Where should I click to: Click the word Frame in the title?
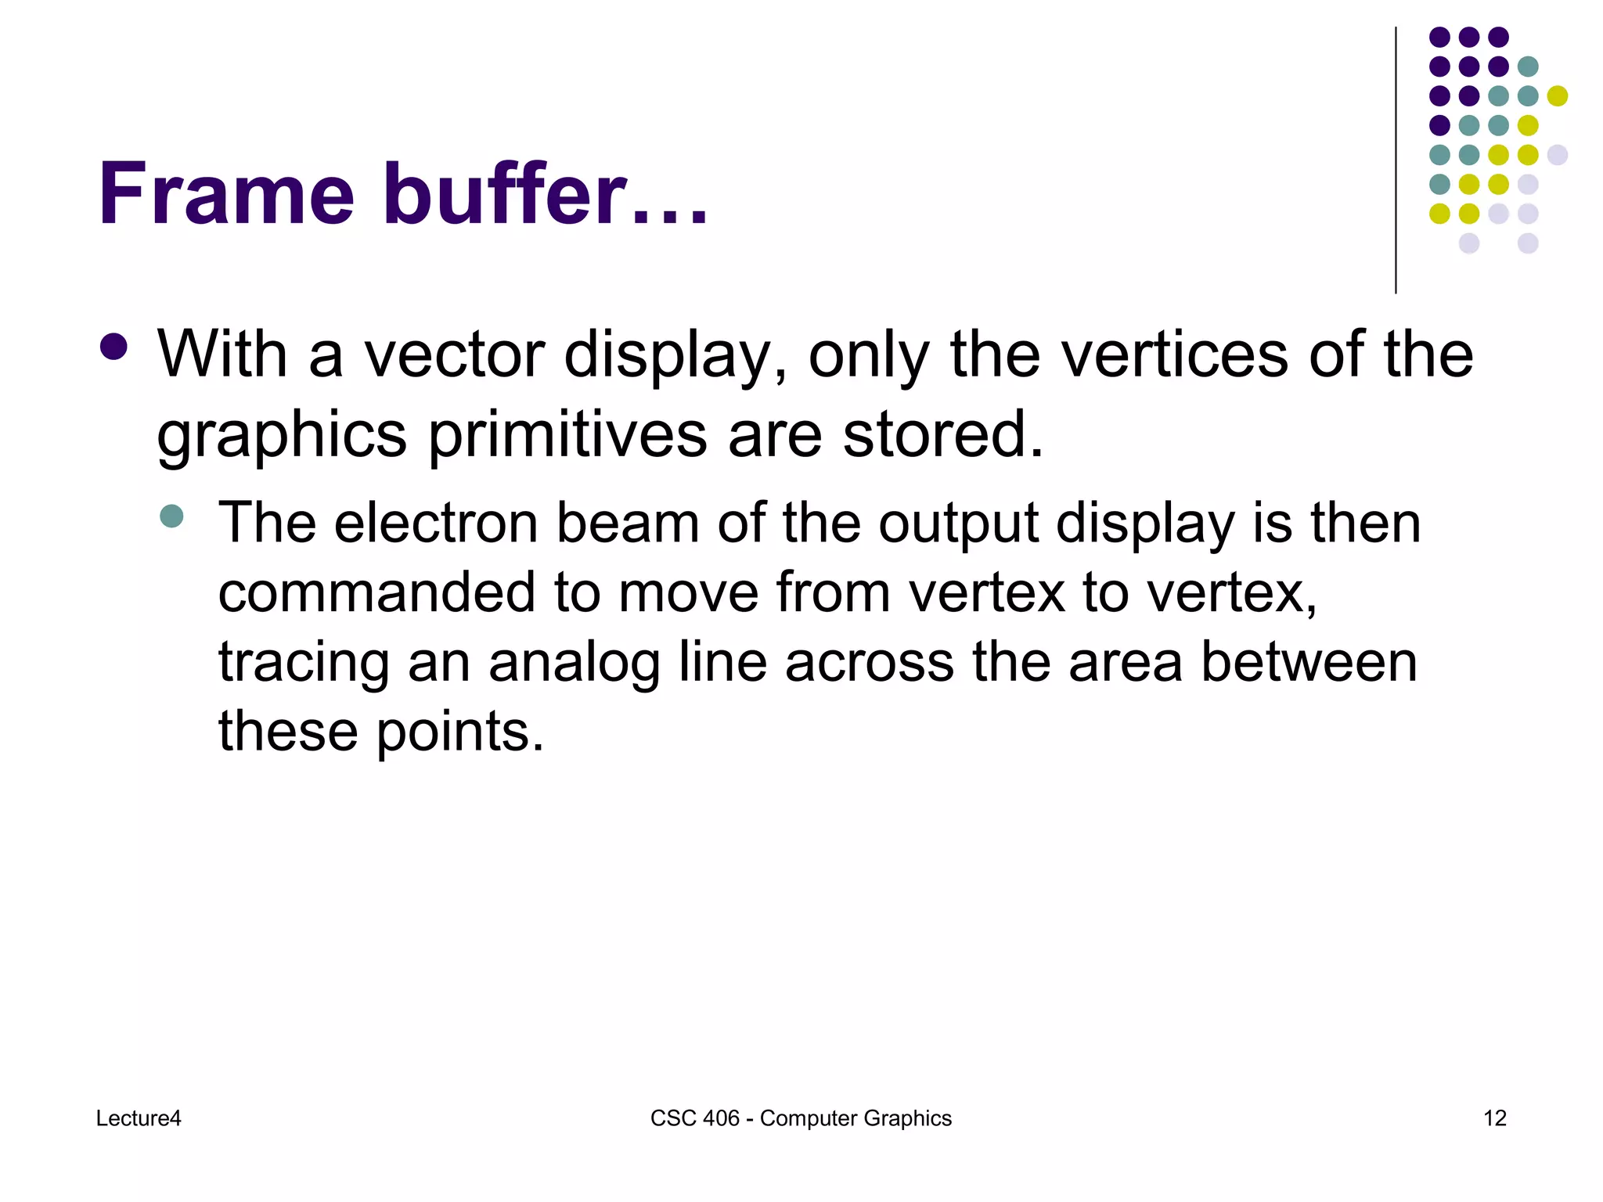click(x=226, y=193)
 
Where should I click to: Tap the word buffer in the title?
click(x=505, y=193)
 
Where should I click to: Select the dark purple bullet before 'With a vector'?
click(x=114, y=347)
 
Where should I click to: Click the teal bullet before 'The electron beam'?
click(x=171, y=516)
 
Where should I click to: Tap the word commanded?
click(x=376, y=592)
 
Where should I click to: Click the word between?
click(x=1309, y=662)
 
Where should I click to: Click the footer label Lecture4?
click(x=139, y=1118)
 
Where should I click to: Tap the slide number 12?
click(x=1495, y=1118)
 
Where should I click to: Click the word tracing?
click(x=304, y=663)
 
